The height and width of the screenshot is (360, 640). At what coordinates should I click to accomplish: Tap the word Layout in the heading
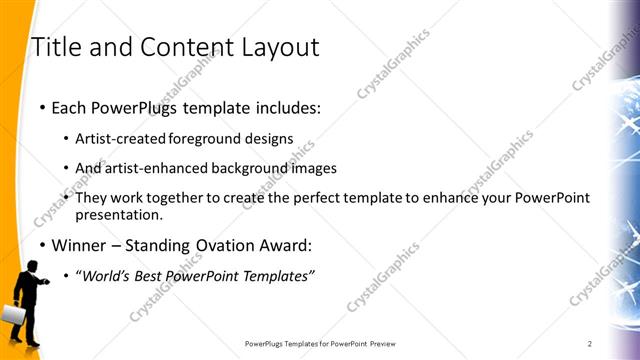tap(276, 47)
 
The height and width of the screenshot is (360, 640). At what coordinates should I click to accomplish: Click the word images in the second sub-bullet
tap(313, 168)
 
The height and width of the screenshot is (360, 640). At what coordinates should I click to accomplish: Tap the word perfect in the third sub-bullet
tap(315, 198)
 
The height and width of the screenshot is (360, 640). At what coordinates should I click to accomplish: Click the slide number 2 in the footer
tap(590, 344)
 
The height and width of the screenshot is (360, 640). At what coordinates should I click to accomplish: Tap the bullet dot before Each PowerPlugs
tap(41, 107)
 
